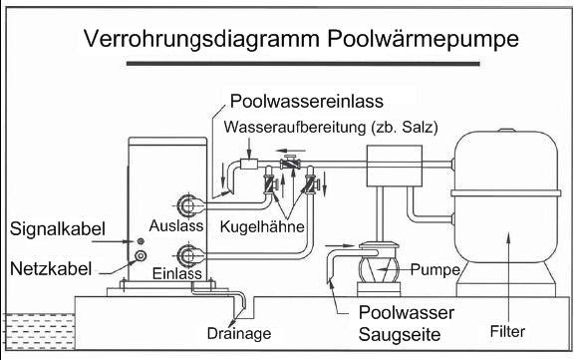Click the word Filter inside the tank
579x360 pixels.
coord(508,327)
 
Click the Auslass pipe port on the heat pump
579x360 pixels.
coord(187,207)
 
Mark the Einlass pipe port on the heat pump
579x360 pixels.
coord(187,253)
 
